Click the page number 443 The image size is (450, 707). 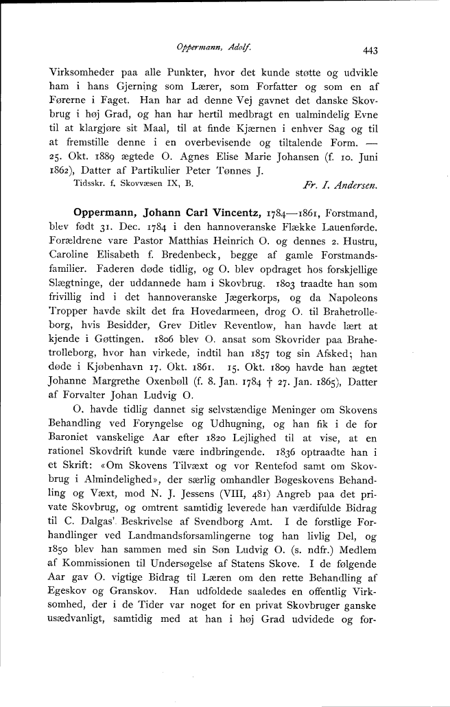(371, 49)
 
